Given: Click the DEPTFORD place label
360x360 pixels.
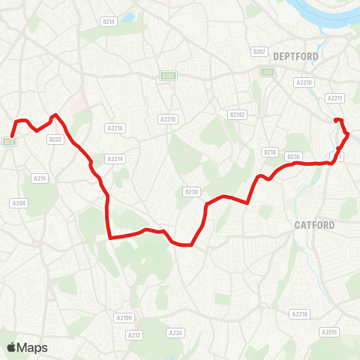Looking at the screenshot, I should tap(296, 56).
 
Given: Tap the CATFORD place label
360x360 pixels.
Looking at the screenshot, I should tap(314, 224).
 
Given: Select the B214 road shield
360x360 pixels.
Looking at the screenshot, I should tap(109, 22).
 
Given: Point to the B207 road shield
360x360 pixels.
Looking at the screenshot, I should tap(259, 51).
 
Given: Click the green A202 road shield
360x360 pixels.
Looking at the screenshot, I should tap(167, 76).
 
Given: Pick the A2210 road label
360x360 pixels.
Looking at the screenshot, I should tap(304, 82).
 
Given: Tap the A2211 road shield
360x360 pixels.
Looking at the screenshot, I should tap(334, 97).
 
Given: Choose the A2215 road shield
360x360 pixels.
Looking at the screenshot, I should tap(167, 118).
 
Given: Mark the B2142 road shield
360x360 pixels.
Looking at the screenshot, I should tap(237, 115).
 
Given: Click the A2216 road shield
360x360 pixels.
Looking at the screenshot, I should tap(115, 128).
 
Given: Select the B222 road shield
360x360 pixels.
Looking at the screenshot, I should tap(55, 139).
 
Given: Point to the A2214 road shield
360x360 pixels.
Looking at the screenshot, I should tap(115, 159).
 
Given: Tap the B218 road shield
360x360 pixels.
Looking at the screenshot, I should tap(271, 152).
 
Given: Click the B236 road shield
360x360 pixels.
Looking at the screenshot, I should tap(293, 156).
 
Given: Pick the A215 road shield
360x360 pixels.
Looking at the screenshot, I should tap(40, 178).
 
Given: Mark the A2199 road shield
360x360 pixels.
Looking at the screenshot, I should tap(124, 318).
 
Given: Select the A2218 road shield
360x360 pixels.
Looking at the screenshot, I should tap(299, 313).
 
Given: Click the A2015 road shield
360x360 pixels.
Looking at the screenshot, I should tap(329, 331).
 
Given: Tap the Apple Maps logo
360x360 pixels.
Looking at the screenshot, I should tap(27, 347).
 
